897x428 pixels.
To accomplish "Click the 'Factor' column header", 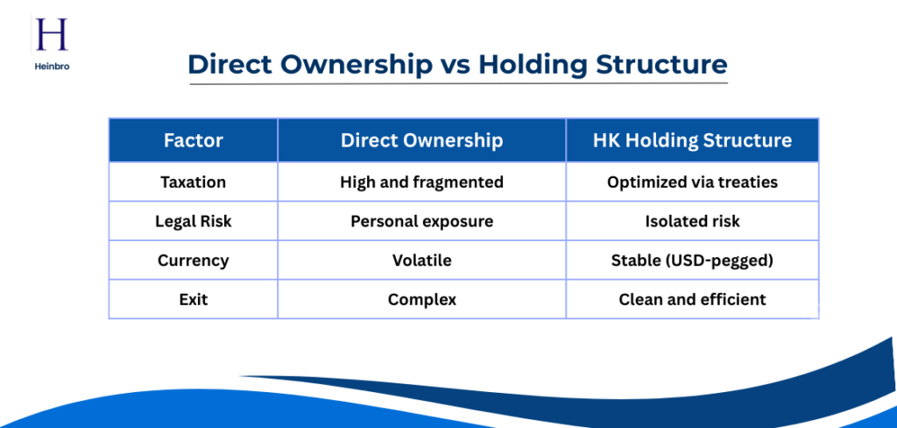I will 193,140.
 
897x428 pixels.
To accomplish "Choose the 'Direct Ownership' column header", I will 421,140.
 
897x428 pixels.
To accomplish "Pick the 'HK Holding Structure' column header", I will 692,140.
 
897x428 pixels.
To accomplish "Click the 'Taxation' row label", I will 193,182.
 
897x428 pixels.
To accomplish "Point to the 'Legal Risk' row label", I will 193,222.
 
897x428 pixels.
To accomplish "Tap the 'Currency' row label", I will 193,260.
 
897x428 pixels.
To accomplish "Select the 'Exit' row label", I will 193,300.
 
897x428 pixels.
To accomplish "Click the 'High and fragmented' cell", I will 421,182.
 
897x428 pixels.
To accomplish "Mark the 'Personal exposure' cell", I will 421,222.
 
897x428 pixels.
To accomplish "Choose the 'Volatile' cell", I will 421,260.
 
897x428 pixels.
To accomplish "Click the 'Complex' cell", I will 421,300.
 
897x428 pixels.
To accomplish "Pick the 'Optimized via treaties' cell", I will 692,182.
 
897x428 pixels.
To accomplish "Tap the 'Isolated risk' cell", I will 692,222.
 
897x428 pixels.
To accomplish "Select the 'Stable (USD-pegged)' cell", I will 692,260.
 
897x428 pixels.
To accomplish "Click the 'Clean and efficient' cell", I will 692,300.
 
